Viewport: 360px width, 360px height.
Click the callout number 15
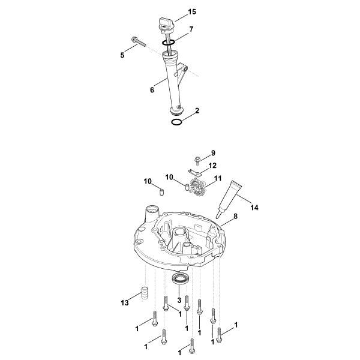[192, 12]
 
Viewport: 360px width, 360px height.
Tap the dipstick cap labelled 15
[166, 25]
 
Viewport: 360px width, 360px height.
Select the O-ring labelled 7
[168, 42]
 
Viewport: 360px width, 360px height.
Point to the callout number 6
[152, 90]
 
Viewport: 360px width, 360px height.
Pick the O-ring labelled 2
[177, 122]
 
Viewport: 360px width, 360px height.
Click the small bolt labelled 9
[197, 161]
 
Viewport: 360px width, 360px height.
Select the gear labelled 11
[197, 186]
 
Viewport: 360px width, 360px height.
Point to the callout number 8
[235, 216]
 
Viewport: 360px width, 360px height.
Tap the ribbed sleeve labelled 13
[144, 293]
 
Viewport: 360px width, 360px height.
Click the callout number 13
[125, 303]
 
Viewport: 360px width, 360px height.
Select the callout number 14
[254, 208]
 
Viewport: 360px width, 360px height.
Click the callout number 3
[179, 300]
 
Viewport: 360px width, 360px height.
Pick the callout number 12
[212, 166]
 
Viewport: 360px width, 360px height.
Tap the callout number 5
[122, 55]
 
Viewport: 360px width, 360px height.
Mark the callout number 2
[197, 110]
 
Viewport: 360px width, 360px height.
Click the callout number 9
[213, 153]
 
